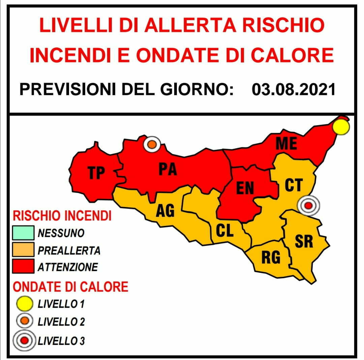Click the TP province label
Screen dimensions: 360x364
[x=96, y=173]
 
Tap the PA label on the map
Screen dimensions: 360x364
[x=168, y=169]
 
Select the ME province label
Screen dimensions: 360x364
[x=286, y=144]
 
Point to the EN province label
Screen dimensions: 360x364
[x=245, y=188]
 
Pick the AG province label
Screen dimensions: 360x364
[x=165, y=211]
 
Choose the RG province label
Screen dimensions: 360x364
[x=271, y=258]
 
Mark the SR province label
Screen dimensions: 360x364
[x=304, y=241]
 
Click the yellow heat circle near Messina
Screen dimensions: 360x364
[x=341, y=127]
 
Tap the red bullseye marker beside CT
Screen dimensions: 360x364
[x=308, y=205]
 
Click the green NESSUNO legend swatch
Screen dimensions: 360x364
[x=23, y=233]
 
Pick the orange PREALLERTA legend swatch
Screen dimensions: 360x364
[x=23, y=250]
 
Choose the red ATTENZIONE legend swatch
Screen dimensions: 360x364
[x=23, y=267]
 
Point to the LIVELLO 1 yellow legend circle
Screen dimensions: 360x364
[x=25, y=304]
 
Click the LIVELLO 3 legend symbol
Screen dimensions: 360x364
[x=24, y=341]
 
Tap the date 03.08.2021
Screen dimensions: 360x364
[x=294, y=90]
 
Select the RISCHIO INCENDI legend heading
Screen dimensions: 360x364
[x=62, y=216]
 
